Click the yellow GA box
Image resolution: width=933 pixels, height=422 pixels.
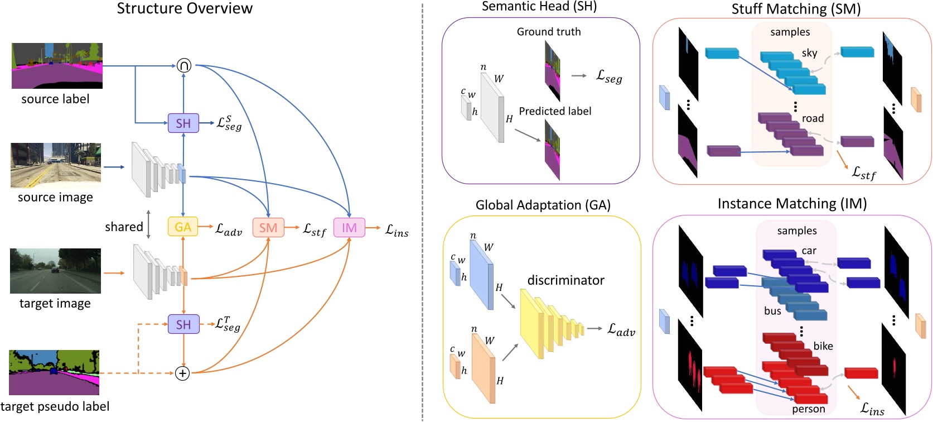coord(183,227)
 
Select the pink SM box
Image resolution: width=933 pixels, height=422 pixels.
coord(268,228)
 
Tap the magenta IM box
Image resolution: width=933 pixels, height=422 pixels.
coord(349,228)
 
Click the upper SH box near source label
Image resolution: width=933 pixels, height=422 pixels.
coord(183,123)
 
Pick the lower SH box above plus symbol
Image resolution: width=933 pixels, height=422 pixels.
coord(183,324)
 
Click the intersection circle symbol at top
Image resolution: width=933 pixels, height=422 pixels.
coord(184,66)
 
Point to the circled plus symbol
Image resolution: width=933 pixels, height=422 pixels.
coord(182,373)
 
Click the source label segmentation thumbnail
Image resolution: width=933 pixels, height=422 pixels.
coord(57,66)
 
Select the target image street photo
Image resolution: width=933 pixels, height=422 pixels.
coord(55,271)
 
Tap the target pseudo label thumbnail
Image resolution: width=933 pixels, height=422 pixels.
coord(54,372)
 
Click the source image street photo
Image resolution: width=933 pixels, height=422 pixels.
coord(56,165)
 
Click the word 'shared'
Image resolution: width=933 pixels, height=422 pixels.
coord(124,227)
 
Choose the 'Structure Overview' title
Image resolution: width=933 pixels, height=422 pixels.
coord(185,8)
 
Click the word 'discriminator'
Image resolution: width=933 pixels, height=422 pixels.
coord(565,280)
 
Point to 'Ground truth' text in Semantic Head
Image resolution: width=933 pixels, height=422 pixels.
coord(548,32)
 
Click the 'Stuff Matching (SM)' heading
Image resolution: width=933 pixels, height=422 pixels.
coord(796,9)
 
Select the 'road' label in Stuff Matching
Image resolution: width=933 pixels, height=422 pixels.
coord(813,118)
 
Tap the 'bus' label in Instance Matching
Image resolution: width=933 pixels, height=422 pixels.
coord(772,311)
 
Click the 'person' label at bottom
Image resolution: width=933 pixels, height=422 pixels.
coord(808,409)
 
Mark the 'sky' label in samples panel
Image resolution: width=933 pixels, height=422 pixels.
coord(809,53)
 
